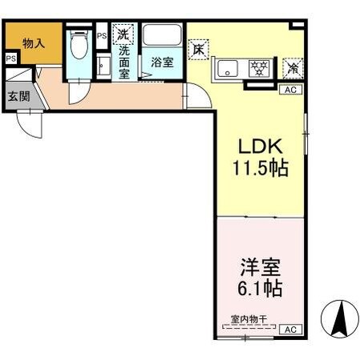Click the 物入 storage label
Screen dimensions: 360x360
(33, 43)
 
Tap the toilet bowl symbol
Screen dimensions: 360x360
(79, 50)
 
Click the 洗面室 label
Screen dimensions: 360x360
(125, 61)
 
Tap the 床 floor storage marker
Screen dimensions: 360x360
(198, 48)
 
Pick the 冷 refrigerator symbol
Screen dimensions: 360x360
(293, 68)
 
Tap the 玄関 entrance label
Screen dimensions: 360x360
(18, 97)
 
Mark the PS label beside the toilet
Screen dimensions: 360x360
(101, 35)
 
